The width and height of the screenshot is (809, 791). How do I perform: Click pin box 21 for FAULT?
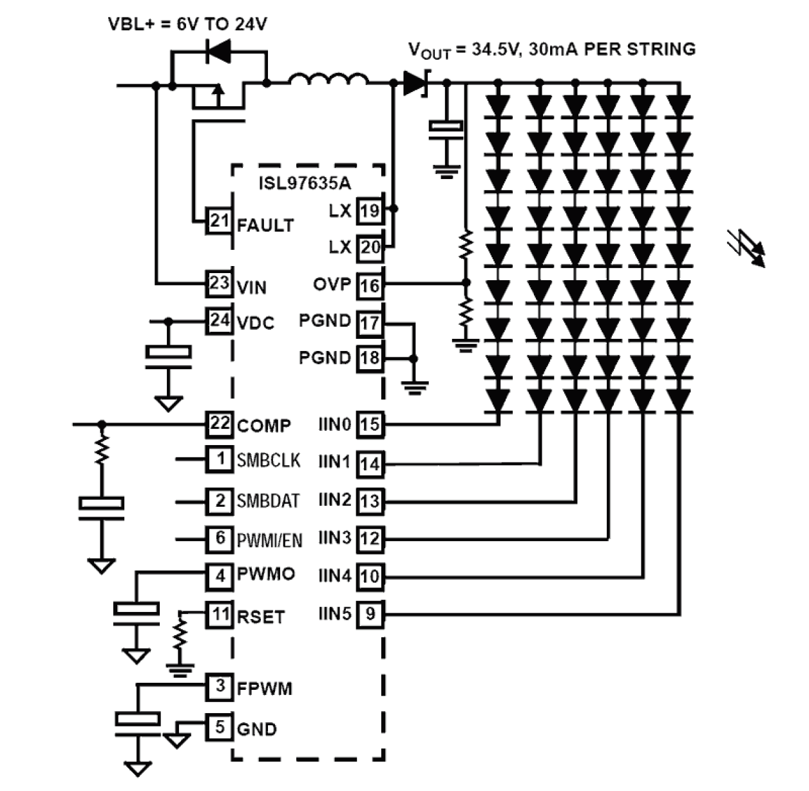coord(219,221)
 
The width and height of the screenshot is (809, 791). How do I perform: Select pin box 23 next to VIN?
coord(219,283)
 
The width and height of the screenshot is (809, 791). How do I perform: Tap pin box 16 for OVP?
coord(370,285)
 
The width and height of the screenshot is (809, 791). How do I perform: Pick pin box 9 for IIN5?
coord(370,614)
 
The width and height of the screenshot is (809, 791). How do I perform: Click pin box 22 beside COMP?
coord(219,424)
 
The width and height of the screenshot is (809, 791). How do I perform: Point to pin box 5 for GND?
coord(219,727)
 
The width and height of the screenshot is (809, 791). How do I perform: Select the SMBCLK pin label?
coord(268,460)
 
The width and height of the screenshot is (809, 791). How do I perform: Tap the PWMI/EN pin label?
coord(269,540)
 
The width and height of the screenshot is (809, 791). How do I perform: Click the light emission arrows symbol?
coord(747,247)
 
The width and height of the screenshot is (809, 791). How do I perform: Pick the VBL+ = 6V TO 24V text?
coord(187,24)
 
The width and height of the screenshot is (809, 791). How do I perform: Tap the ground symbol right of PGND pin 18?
coord(414,386)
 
